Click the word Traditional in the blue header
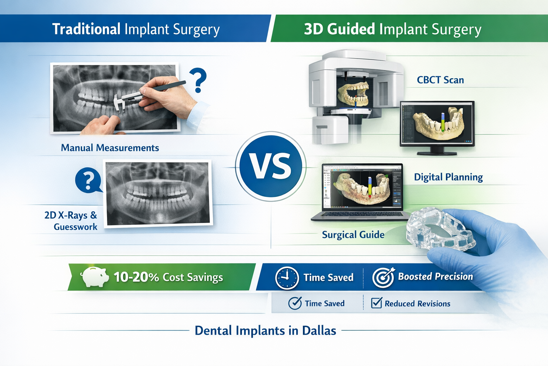pyautogui.click(x=86, y=29)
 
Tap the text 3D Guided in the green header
pyautogui.click(x=339, y=29)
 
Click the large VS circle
pyautogui.click(x=271, y=166)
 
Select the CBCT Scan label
pyautogui.click(x=440, y=80)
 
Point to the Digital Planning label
pyautogui.click(x=448, y=177)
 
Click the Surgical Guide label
pyautogui.click(x=353, y=234)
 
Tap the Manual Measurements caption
pyautogui.click(x=110, y=148)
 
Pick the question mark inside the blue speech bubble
pyautogui.click(x=88, y=180)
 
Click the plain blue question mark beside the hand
pyautogui.click(x=198, y=80)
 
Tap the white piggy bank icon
pyautogui.click(x=95, y=277)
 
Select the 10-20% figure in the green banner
pyautogui.click(x=136, y=277)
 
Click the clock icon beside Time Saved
pyautogui.click(x=287, y=278)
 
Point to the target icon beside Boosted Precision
pyautogui.click(x=383, y=277)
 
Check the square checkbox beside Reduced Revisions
pyautogui.click(x=376, y=303)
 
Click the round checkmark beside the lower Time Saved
pyautogui.click(x=295, y=303)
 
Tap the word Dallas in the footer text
pyautogui.click(x=319, y=330)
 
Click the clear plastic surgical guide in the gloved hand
pyautogui.click(x=440, y=231)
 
